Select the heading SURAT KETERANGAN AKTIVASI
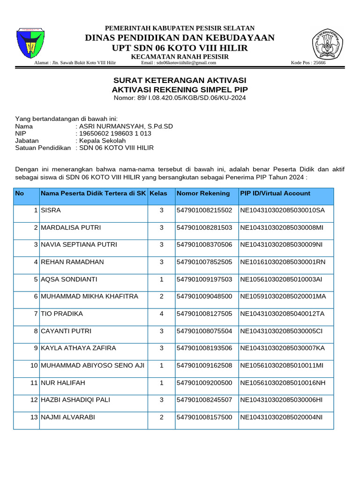point(180,81)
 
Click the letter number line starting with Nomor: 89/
point(180,97)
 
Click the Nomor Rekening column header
point(203,193)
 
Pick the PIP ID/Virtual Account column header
point(275,193)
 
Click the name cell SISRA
point(51,210)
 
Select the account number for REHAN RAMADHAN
point(204,262)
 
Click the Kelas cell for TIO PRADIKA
point(161,314)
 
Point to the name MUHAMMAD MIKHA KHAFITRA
point(90,296)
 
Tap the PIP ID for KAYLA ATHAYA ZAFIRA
point(282,348)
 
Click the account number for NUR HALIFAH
point(204,383)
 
